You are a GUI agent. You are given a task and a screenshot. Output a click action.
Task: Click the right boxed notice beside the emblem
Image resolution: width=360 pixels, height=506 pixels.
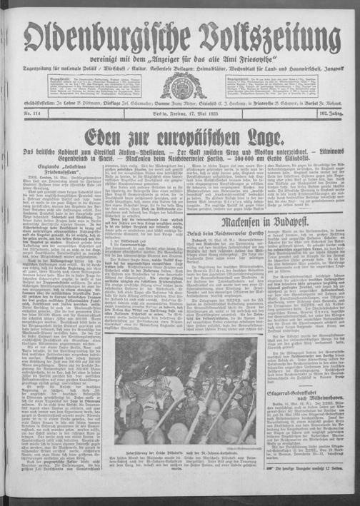click(279, 85)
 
